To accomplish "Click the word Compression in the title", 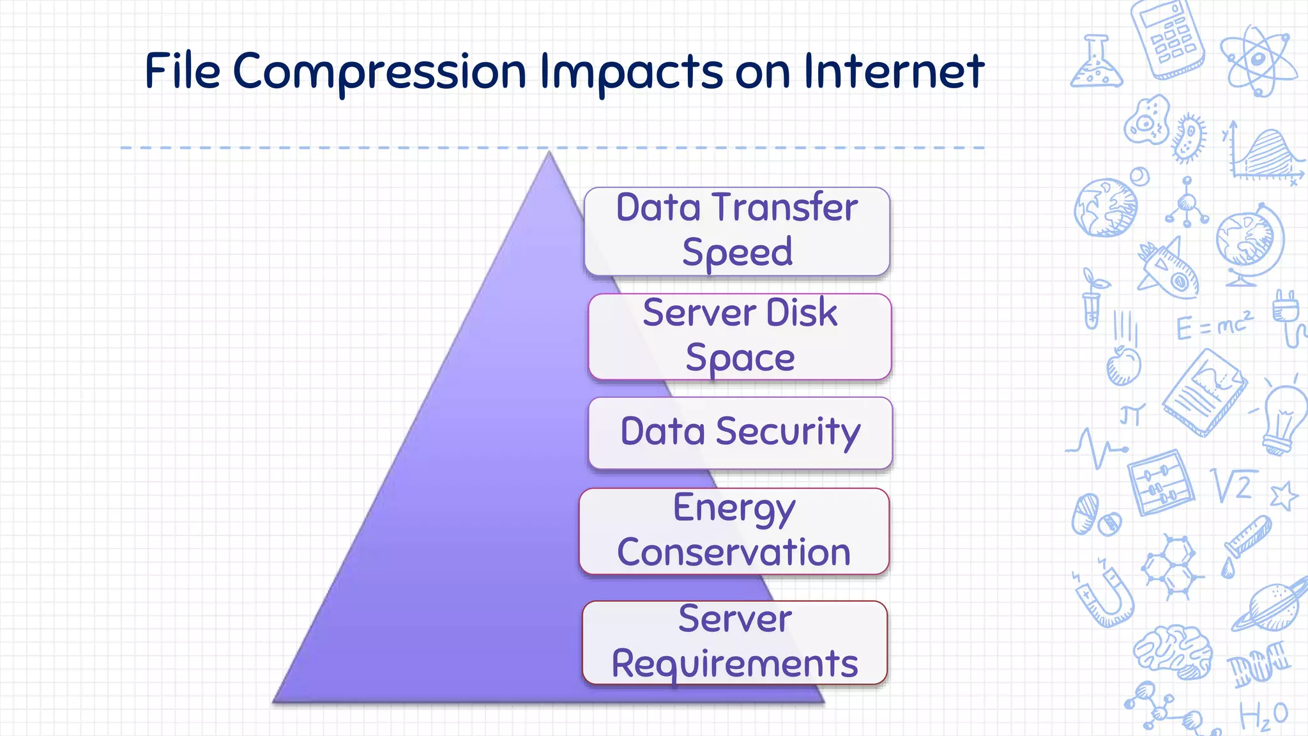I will [x=379, y=72].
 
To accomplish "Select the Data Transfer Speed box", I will [x=736, y=231].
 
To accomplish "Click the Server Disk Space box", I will [x=740, y=337].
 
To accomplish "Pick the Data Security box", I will [x=740, y=433].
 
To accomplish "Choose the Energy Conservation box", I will [x=734, y=531].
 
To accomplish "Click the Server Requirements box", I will [x=734, y=642].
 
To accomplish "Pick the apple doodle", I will [x=1123, y=366].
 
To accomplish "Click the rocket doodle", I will [x=1169, y=268].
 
